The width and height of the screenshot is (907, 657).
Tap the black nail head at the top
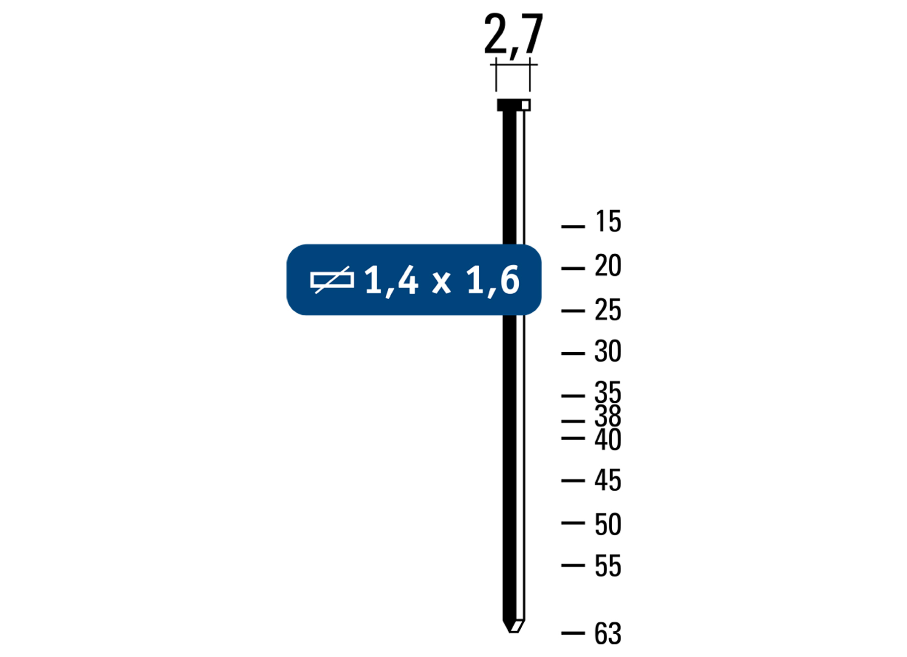(513, 105)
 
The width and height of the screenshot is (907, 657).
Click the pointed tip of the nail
(512, 630)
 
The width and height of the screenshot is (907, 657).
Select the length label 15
(608, 221)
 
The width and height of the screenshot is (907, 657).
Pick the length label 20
(608, 265)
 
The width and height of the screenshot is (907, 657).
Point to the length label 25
(608, 310)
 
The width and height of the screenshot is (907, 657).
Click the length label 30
(608, 351)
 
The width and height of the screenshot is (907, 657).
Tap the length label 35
(608, 392)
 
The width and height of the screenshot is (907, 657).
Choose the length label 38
(608, 416)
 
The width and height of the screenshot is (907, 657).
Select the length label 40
(608, 439)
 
